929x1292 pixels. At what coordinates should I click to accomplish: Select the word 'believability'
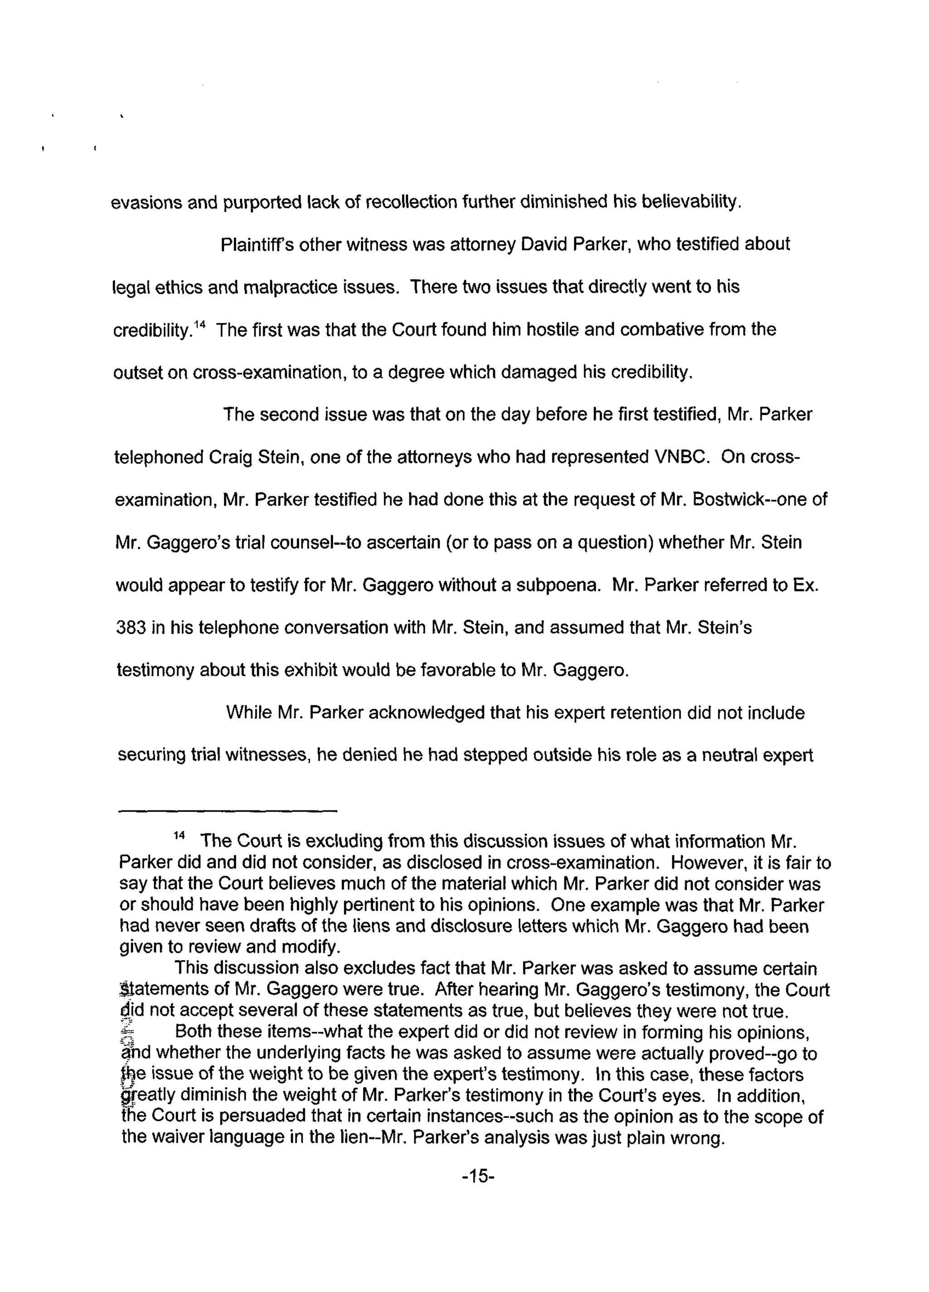(x=689, y=202)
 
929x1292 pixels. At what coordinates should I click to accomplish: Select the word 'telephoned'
(x=153, y=457)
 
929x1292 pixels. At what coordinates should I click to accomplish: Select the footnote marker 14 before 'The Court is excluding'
(x=179, y=835)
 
